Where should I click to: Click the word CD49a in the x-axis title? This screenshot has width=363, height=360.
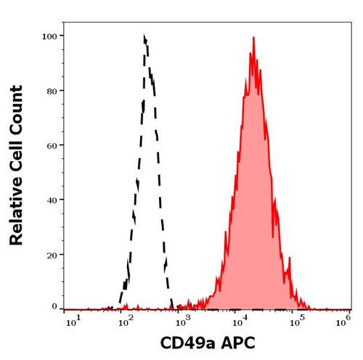pos(184,343)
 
